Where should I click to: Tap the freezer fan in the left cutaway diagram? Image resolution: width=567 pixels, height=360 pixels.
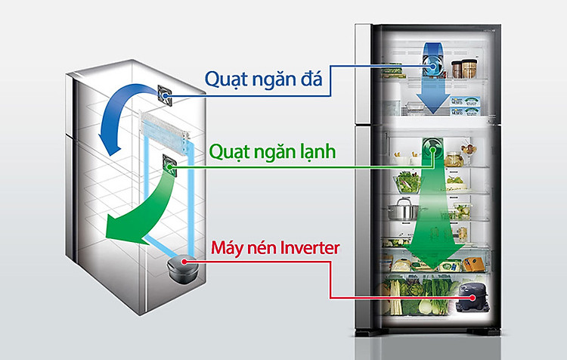(165, 95)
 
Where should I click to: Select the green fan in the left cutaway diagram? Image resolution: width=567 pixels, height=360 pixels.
(169, 166)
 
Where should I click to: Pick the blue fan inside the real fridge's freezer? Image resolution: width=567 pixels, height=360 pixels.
(432, 66)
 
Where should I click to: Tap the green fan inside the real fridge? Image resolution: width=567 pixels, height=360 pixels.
(433, 149)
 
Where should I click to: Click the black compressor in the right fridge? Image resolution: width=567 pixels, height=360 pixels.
(473, 297)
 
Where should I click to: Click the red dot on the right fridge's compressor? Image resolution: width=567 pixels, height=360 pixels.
(472, 298)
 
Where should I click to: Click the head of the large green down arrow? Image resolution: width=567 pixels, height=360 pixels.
(434, 255)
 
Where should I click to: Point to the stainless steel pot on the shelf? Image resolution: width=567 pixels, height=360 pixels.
(402, 209)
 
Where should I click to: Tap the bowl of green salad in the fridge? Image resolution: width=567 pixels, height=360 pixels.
(407, 183)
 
